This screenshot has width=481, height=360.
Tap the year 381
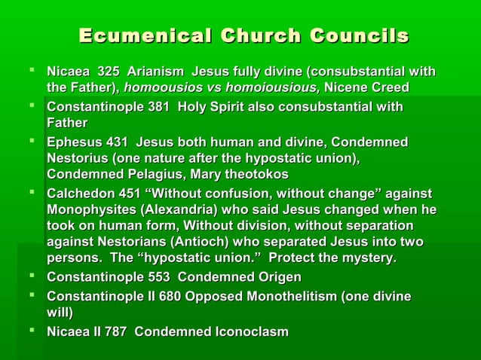[158, 107]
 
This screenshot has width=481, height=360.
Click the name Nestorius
[78, 158]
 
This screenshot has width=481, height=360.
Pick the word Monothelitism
[286, 297]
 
